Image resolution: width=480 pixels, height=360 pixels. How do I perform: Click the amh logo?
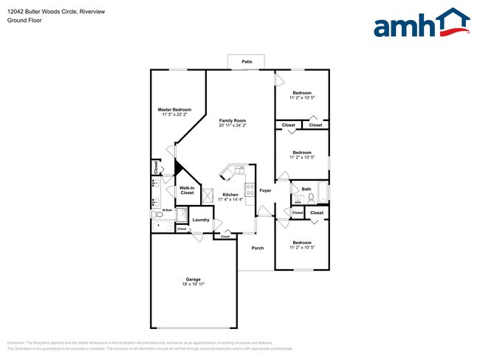tap(422, 24)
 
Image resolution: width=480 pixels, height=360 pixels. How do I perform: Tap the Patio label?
tap(247, 61)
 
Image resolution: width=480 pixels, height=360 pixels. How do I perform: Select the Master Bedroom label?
tap(174, 109)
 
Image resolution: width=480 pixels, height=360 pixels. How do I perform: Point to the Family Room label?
tap(233, 120)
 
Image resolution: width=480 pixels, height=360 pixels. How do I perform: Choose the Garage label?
tap(193, 279)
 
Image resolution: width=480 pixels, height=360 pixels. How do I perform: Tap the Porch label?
tap(258, 248)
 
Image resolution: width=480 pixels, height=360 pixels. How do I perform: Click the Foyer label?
tap(265, 190)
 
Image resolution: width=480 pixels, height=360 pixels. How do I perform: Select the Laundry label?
tap(201, 220)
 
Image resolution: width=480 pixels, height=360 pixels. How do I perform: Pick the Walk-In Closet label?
tap(187, 190)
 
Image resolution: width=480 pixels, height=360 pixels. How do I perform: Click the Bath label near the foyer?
tap(306, 189)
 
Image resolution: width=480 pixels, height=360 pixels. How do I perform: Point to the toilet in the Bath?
tap(311, 198)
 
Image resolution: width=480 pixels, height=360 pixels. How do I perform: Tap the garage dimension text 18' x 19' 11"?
tap(193, 284)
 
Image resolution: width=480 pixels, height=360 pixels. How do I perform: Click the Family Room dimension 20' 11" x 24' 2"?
tap(233, 125)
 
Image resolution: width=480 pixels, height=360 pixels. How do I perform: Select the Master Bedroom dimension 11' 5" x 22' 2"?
tap(174, 114)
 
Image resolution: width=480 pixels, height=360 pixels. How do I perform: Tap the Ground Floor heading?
tap(24, 21)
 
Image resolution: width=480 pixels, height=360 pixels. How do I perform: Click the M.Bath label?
tap(168, 210)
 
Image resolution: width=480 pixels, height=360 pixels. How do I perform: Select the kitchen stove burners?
tap(250, 196)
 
